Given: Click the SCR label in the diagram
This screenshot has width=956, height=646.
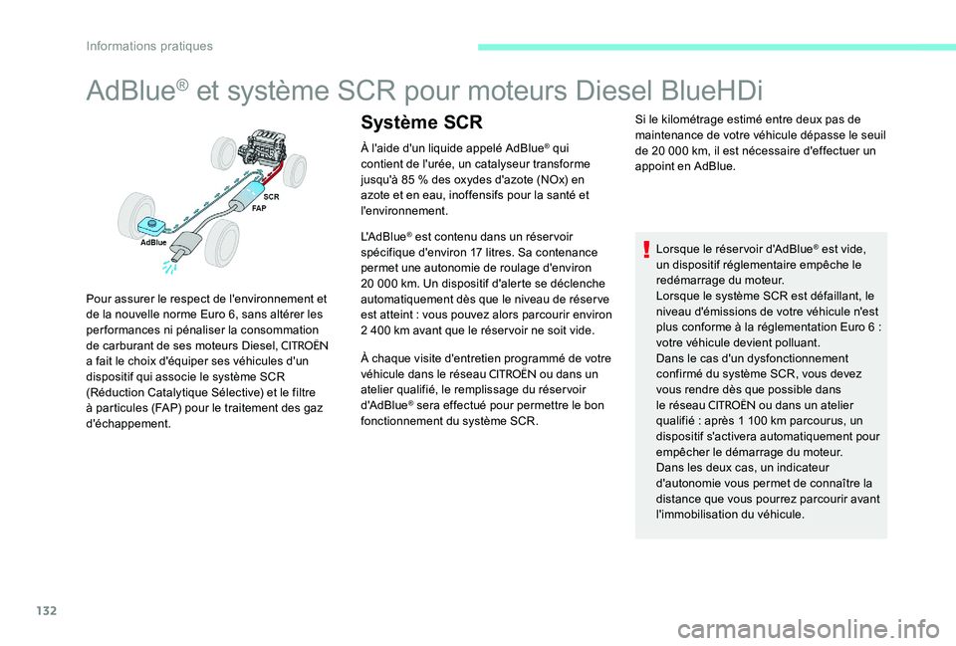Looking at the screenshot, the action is pos(271,198).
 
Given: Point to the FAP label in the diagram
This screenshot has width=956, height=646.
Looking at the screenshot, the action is pos(259,210).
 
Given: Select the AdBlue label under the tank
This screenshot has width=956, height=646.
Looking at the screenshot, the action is pos(153,242).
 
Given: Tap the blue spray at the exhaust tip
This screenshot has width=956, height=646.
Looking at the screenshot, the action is pos(177,267).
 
